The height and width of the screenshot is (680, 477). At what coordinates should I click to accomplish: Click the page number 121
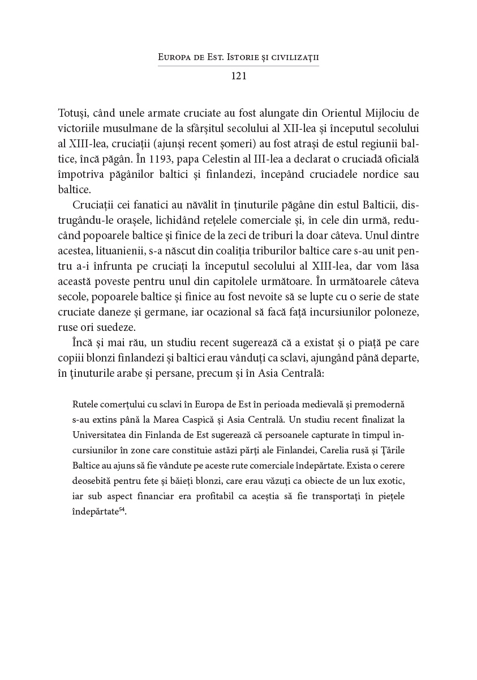(238, 76)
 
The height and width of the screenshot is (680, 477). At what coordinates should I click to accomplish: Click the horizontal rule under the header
(238, 66)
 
